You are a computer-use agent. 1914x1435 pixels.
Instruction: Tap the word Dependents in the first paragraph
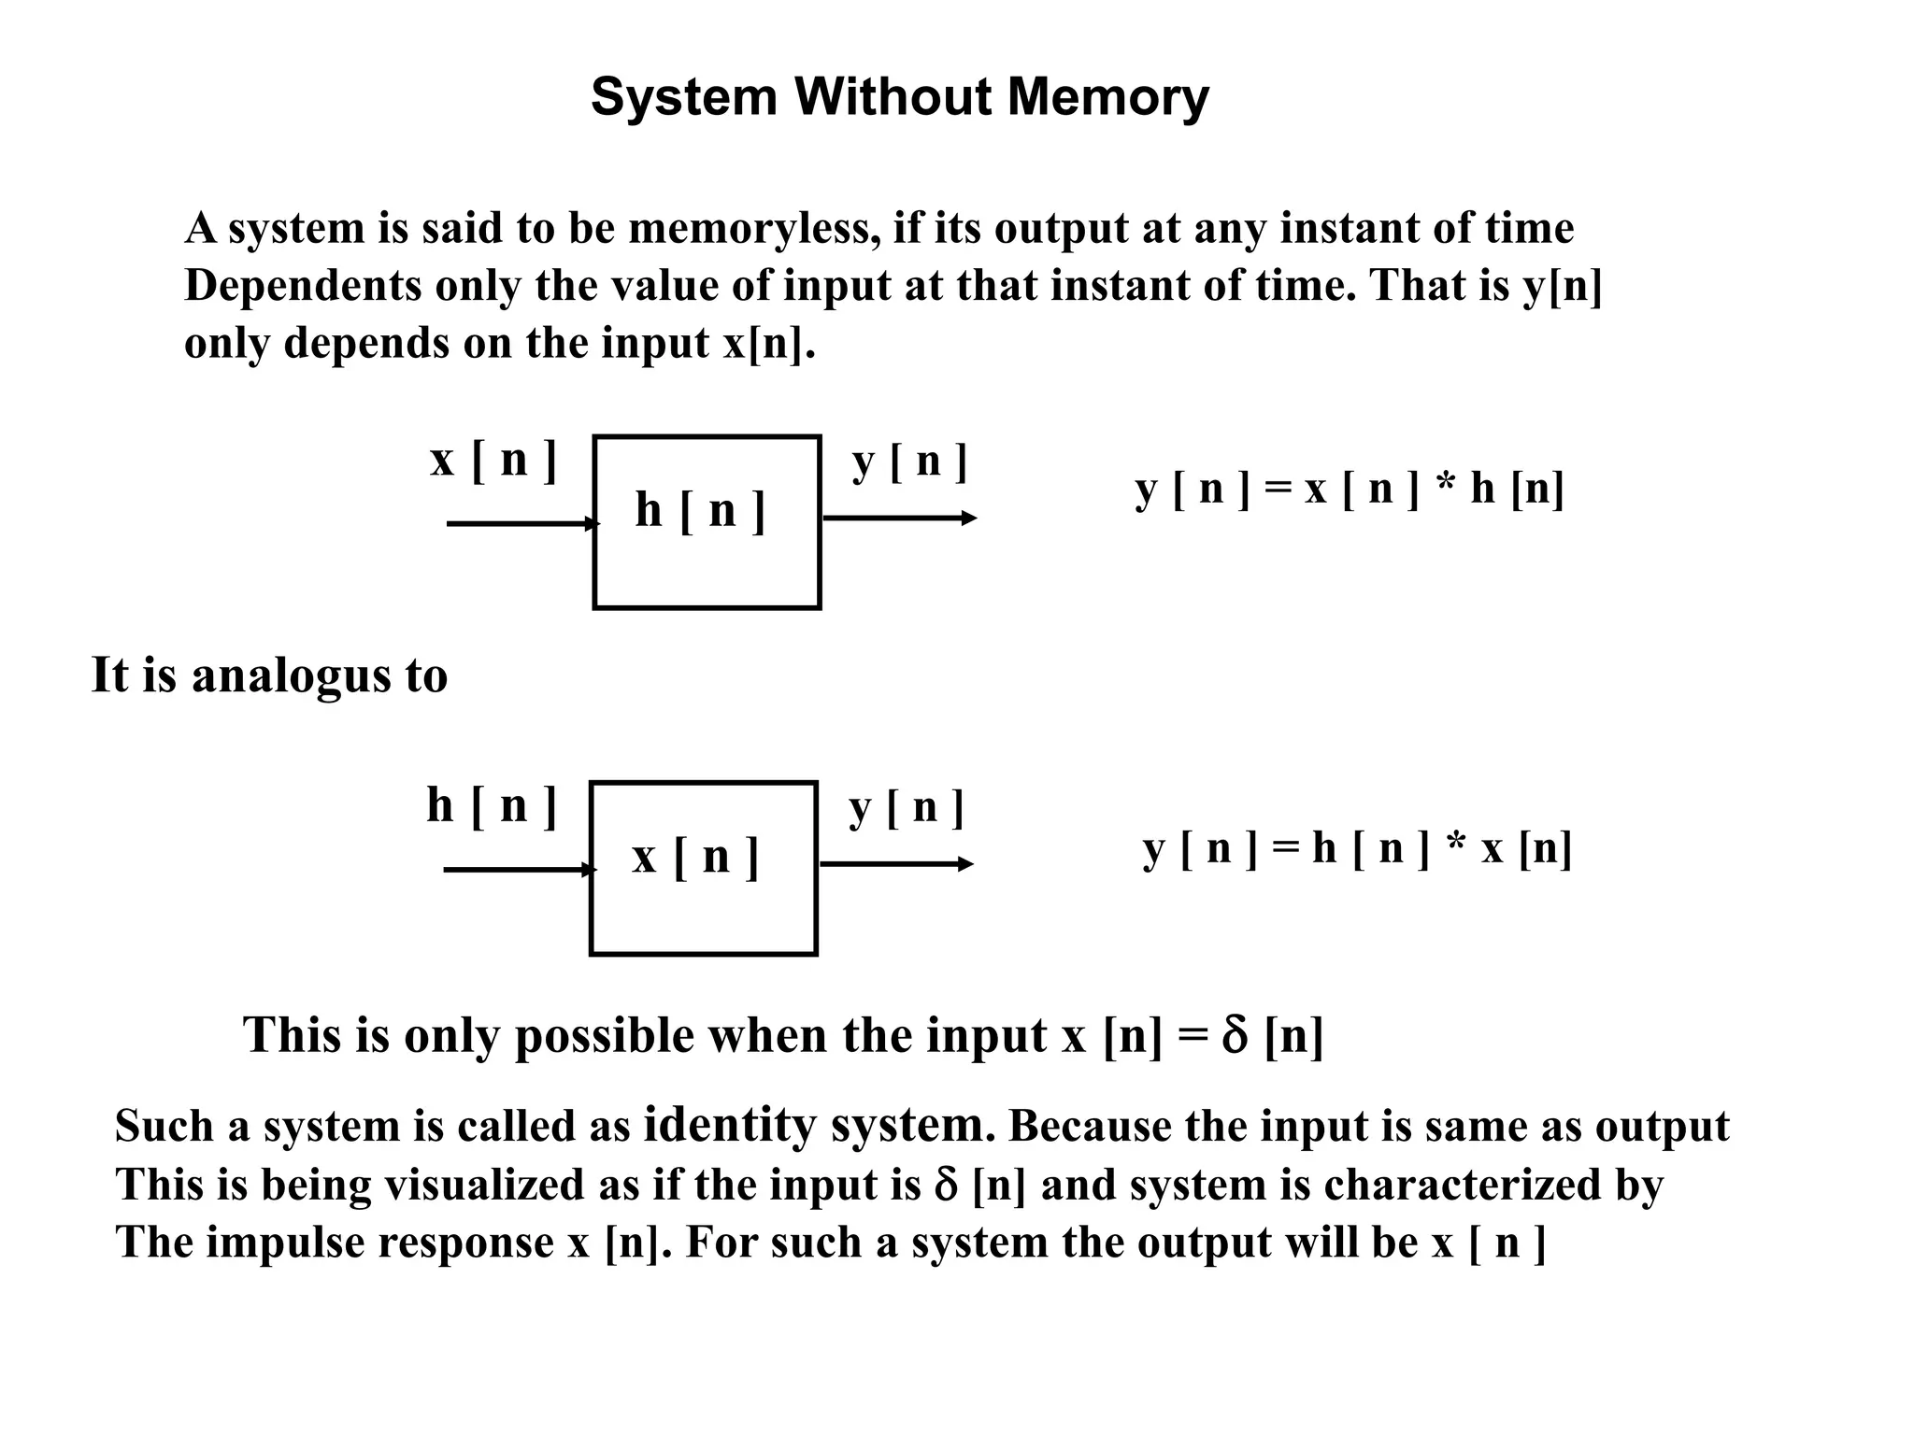coord(303,286)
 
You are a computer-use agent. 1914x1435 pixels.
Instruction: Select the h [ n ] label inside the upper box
coord(700,511)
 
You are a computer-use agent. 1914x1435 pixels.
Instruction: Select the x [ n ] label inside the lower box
coord(695,857)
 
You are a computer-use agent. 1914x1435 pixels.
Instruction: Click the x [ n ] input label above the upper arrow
coord(493,460)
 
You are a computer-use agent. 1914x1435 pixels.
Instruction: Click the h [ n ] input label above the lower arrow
coord(492,805)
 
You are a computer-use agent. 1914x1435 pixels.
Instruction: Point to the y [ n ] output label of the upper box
coord(909,462)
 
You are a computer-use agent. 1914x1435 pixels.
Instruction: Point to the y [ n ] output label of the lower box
coord(906,807)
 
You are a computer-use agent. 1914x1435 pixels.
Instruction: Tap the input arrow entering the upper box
coord(520,523)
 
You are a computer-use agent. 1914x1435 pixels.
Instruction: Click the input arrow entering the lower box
coord(517,870)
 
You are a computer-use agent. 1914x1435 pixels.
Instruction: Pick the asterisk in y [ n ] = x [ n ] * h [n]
coord(1444,488)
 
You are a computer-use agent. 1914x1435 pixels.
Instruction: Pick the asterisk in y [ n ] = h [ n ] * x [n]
coord(1455,846)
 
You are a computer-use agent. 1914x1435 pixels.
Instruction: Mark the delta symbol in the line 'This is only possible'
coord(1234,1036)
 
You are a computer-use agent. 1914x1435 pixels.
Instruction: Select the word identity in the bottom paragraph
coord(730,1125)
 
